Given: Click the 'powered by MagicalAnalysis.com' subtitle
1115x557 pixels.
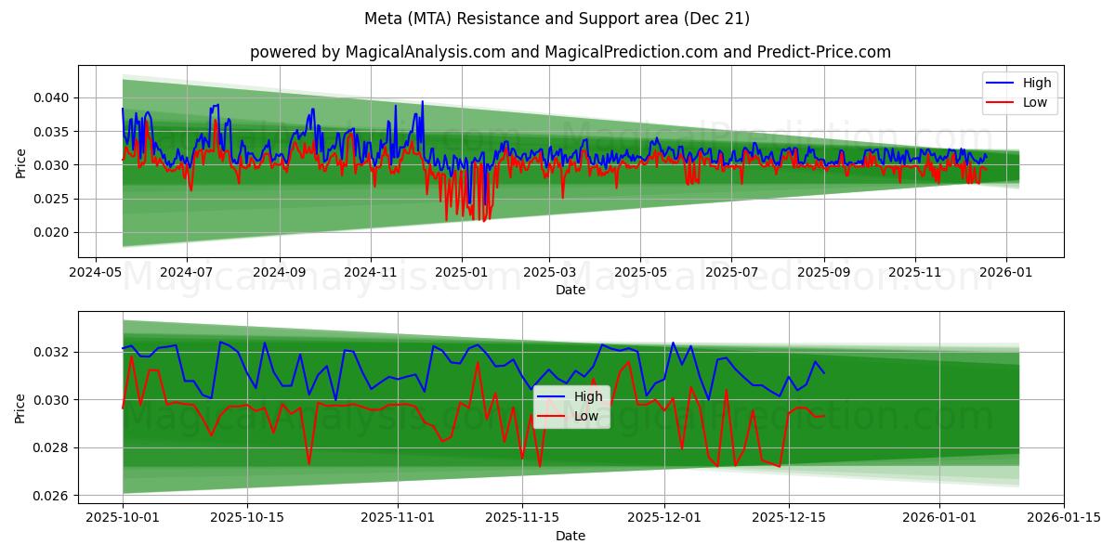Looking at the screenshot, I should coord(570,52).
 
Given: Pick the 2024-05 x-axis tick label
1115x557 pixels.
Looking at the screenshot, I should coord(97,274).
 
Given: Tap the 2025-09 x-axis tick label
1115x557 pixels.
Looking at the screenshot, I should coord(824,274).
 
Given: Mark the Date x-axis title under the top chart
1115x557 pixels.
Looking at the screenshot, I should coord(570,290).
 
